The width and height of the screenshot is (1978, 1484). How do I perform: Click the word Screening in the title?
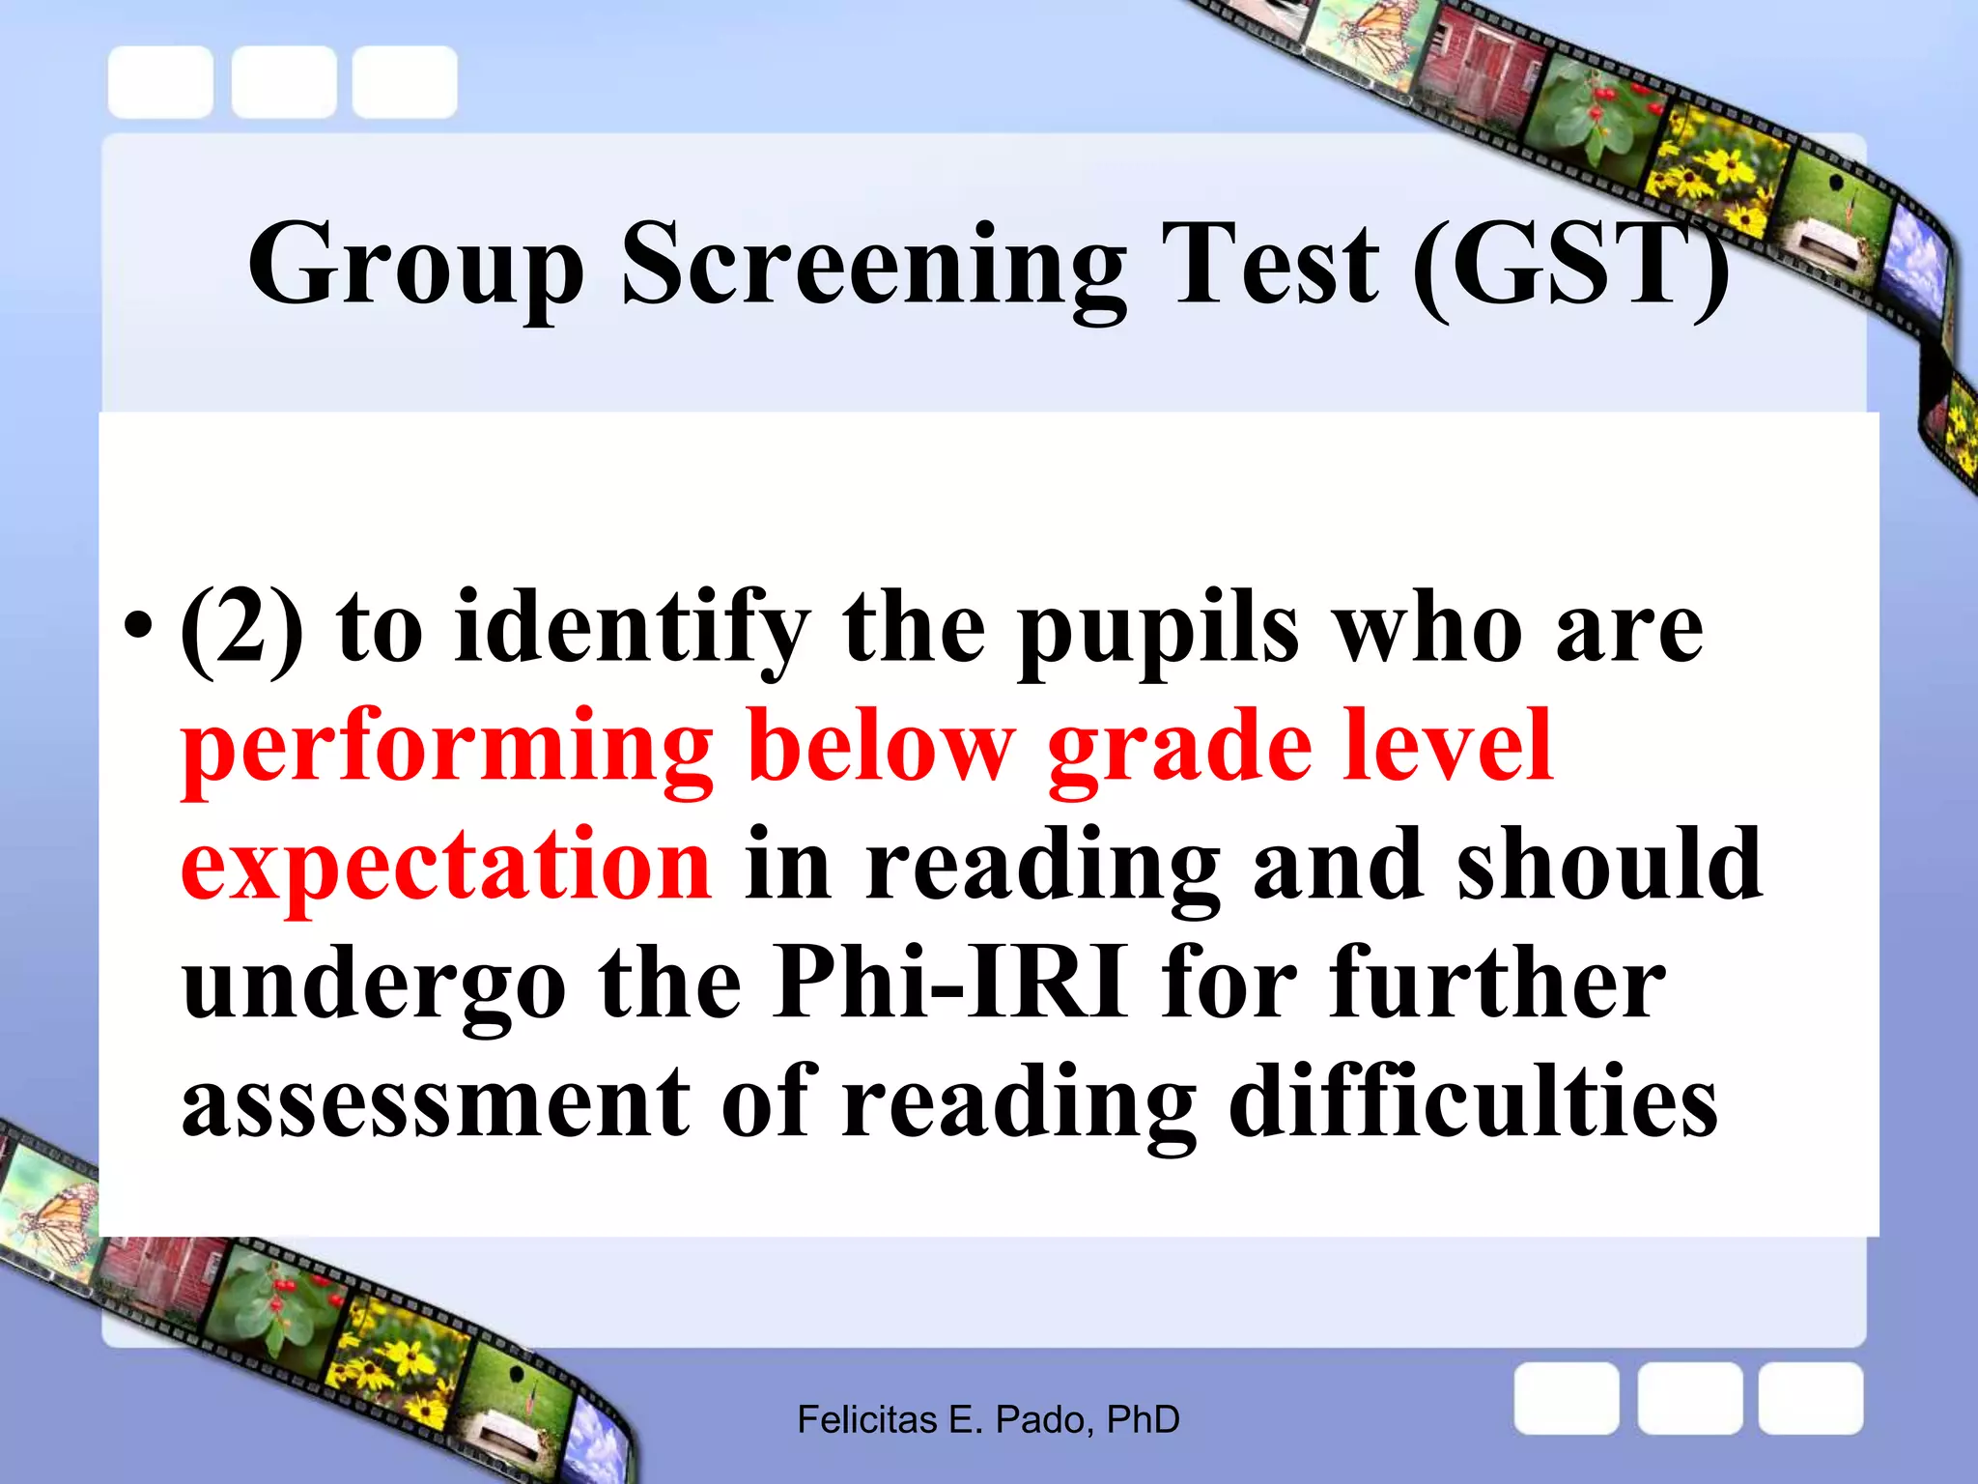pyautogui.click(x=873, y=265)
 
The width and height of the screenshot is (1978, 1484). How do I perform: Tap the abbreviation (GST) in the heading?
pyautogui.click(x=1570, y=265)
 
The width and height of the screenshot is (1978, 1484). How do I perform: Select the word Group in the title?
pyautogui.click(x=416, y=267)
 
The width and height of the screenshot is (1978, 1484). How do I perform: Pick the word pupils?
pyautogui.click(x=1158, y=632)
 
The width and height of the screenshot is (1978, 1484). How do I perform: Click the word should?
pyautogui.click(x=1609, y=864)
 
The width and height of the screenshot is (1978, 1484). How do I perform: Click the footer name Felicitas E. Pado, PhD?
pyautogui.click(x=988, y=1419)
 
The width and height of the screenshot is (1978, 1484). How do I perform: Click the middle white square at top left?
pyautogui.click(x=284, y=82)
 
